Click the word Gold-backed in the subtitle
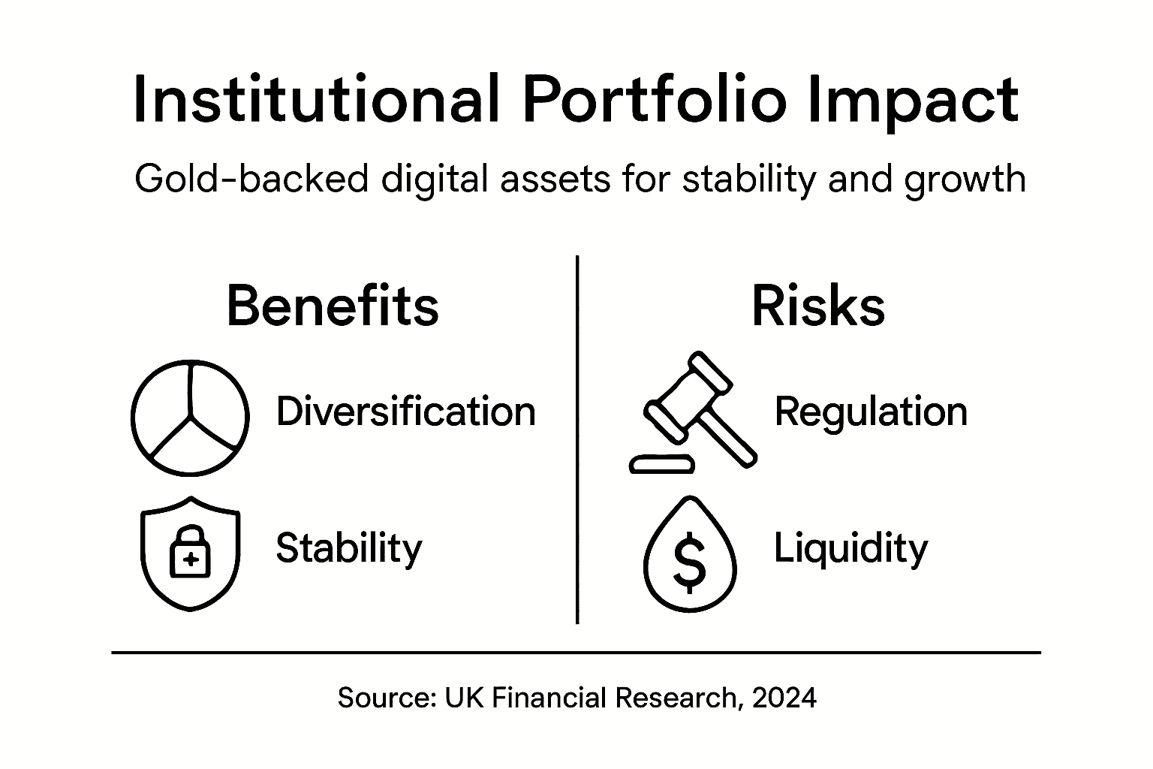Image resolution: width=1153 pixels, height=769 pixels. (x=251, y=179)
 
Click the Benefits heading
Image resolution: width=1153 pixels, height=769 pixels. (x=333, y=306)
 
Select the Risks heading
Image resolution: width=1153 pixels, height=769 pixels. (x=818, y=306)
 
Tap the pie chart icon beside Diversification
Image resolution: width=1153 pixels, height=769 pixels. (x=190, y=418)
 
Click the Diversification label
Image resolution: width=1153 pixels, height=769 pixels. (x=406, y=412)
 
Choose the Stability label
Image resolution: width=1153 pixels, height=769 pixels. (x=349, y=548)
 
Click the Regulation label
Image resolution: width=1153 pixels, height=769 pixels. (x=871, y=412)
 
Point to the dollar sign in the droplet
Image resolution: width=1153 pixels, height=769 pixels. (x=690, y=562)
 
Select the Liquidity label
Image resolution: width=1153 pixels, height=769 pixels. (x=850, y=548)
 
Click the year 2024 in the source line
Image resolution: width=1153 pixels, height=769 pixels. (x=784, y=698)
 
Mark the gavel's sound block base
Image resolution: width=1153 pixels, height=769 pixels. (x=661, y=465)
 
